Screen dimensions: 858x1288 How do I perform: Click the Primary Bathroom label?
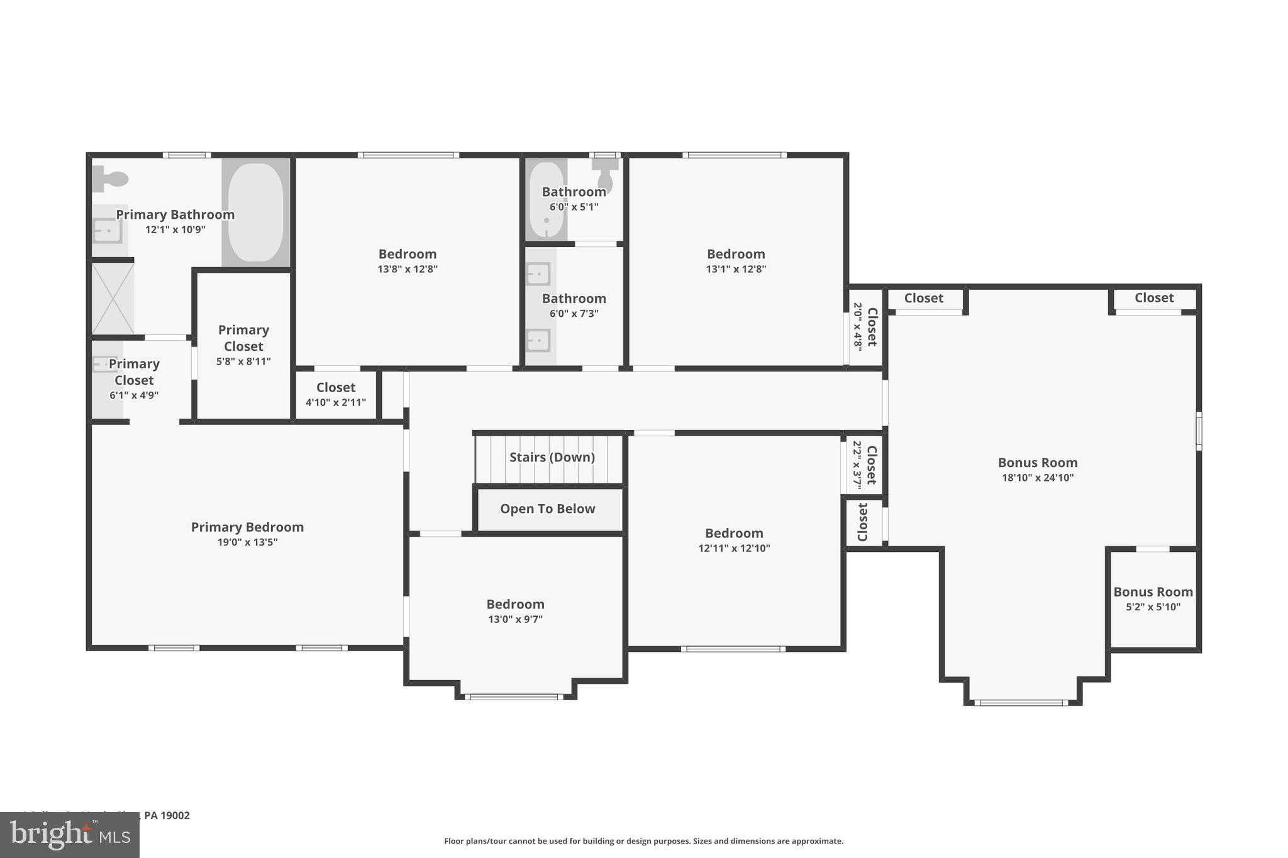(175, 214)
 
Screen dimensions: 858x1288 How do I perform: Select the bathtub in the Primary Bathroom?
(255, 212)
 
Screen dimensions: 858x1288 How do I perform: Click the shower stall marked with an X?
(113, 299)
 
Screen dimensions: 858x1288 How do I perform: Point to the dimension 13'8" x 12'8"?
(408, 269)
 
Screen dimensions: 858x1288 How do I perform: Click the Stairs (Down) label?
(552, 457)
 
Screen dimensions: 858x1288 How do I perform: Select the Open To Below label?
(547, 509)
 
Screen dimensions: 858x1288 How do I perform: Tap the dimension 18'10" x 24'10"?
(1037, 478)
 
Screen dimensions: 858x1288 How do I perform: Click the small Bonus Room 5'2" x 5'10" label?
(1153, 592)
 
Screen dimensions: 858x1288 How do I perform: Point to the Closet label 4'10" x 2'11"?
(336, 388)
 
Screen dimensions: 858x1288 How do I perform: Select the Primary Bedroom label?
(247, 527)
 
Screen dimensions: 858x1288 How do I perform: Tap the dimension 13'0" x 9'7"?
(515, 619)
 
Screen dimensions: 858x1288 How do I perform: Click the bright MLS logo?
(70, 835)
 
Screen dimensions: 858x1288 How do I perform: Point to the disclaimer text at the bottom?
(643, 841)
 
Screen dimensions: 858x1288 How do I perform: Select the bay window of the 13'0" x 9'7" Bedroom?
(514, 696)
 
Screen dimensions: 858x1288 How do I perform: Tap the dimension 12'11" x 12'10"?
(734, 548)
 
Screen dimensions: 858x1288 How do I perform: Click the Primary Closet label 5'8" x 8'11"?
(243, 338)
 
